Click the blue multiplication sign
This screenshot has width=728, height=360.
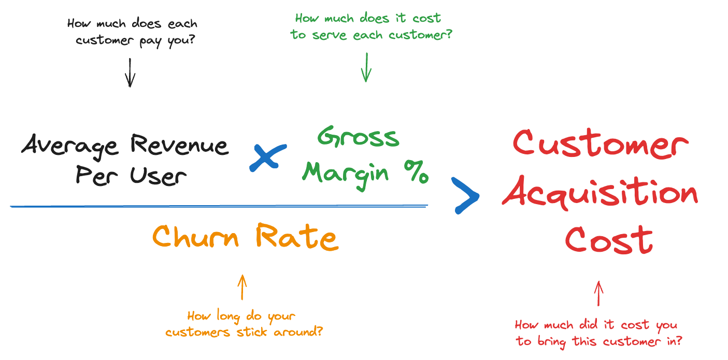tap(267, 157)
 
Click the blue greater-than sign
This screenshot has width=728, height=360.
tap(465, 195)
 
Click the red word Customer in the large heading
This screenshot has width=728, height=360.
tap(600, 143)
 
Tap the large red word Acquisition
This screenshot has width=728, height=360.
tap(600, 195)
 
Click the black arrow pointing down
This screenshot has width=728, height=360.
tap(130, 73)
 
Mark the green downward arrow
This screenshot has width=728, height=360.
tap(366, 67)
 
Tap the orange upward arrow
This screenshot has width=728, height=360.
tap(241, 287)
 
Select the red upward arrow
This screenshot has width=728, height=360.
tap(598, 294)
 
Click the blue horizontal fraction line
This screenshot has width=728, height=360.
tap(219, 206)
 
